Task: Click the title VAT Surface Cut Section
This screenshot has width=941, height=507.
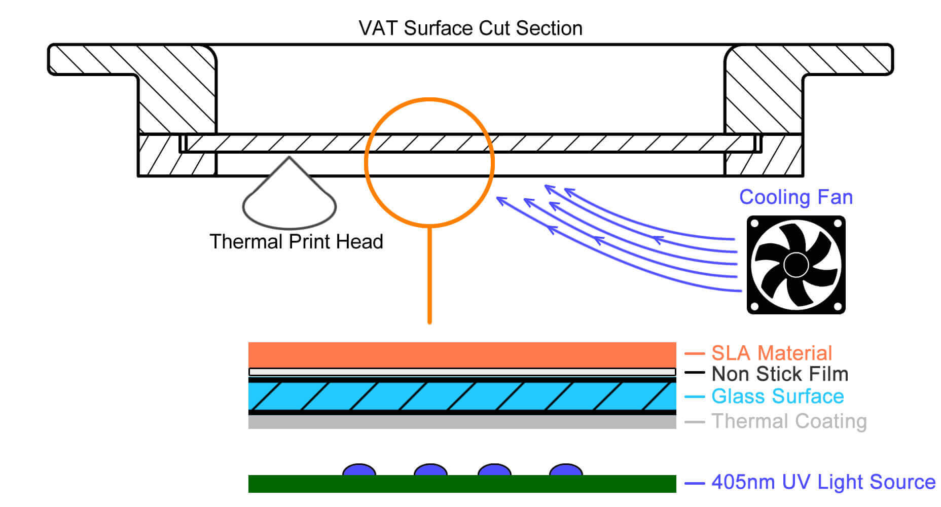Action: pyautogui.click(x=470, y=28)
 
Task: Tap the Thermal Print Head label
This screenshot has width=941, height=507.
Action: pyautogui.click(x=296, y=242)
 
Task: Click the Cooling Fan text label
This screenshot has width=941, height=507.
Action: pyautogui.click(x=795, y=197)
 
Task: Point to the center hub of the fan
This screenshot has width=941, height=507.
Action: pyautogui.click(x=795, y=265)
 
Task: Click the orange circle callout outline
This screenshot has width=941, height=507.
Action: pyautogui.click(x=366, y=162)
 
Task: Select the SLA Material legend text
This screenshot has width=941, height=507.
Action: pyautogui.click(x=772, y=353)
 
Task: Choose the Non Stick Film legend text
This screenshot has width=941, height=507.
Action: pyautogui.click(x=780, y=374)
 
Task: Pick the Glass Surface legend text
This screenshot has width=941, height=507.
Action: pyautogui.click(x=777, y=396)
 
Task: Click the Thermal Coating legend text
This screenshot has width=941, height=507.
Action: pyautogui.click(x=789, y=421)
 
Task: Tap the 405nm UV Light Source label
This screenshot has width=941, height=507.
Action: pyautogui.click(x=823, y=482)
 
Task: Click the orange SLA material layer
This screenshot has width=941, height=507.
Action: pyautogui.click(x=462, y=354)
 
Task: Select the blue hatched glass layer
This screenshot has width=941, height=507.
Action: pyautogui.click(x=462, y=396)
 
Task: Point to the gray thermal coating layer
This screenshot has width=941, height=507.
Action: pyautogui.click(x=462, y=422)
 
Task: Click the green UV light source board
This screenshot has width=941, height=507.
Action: pyautogui.click(x=462, y=484)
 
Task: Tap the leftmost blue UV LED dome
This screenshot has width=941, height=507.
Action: pyautogui.click(x=359, y=470)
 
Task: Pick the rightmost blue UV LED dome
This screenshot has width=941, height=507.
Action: pyautogui.click(x=566, y=470)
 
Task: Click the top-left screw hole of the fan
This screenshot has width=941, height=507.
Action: pyautogui.click(x=754, y=224)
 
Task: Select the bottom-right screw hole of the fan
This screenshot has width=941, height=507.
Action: pyautogui.click(x=838, y=306)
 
